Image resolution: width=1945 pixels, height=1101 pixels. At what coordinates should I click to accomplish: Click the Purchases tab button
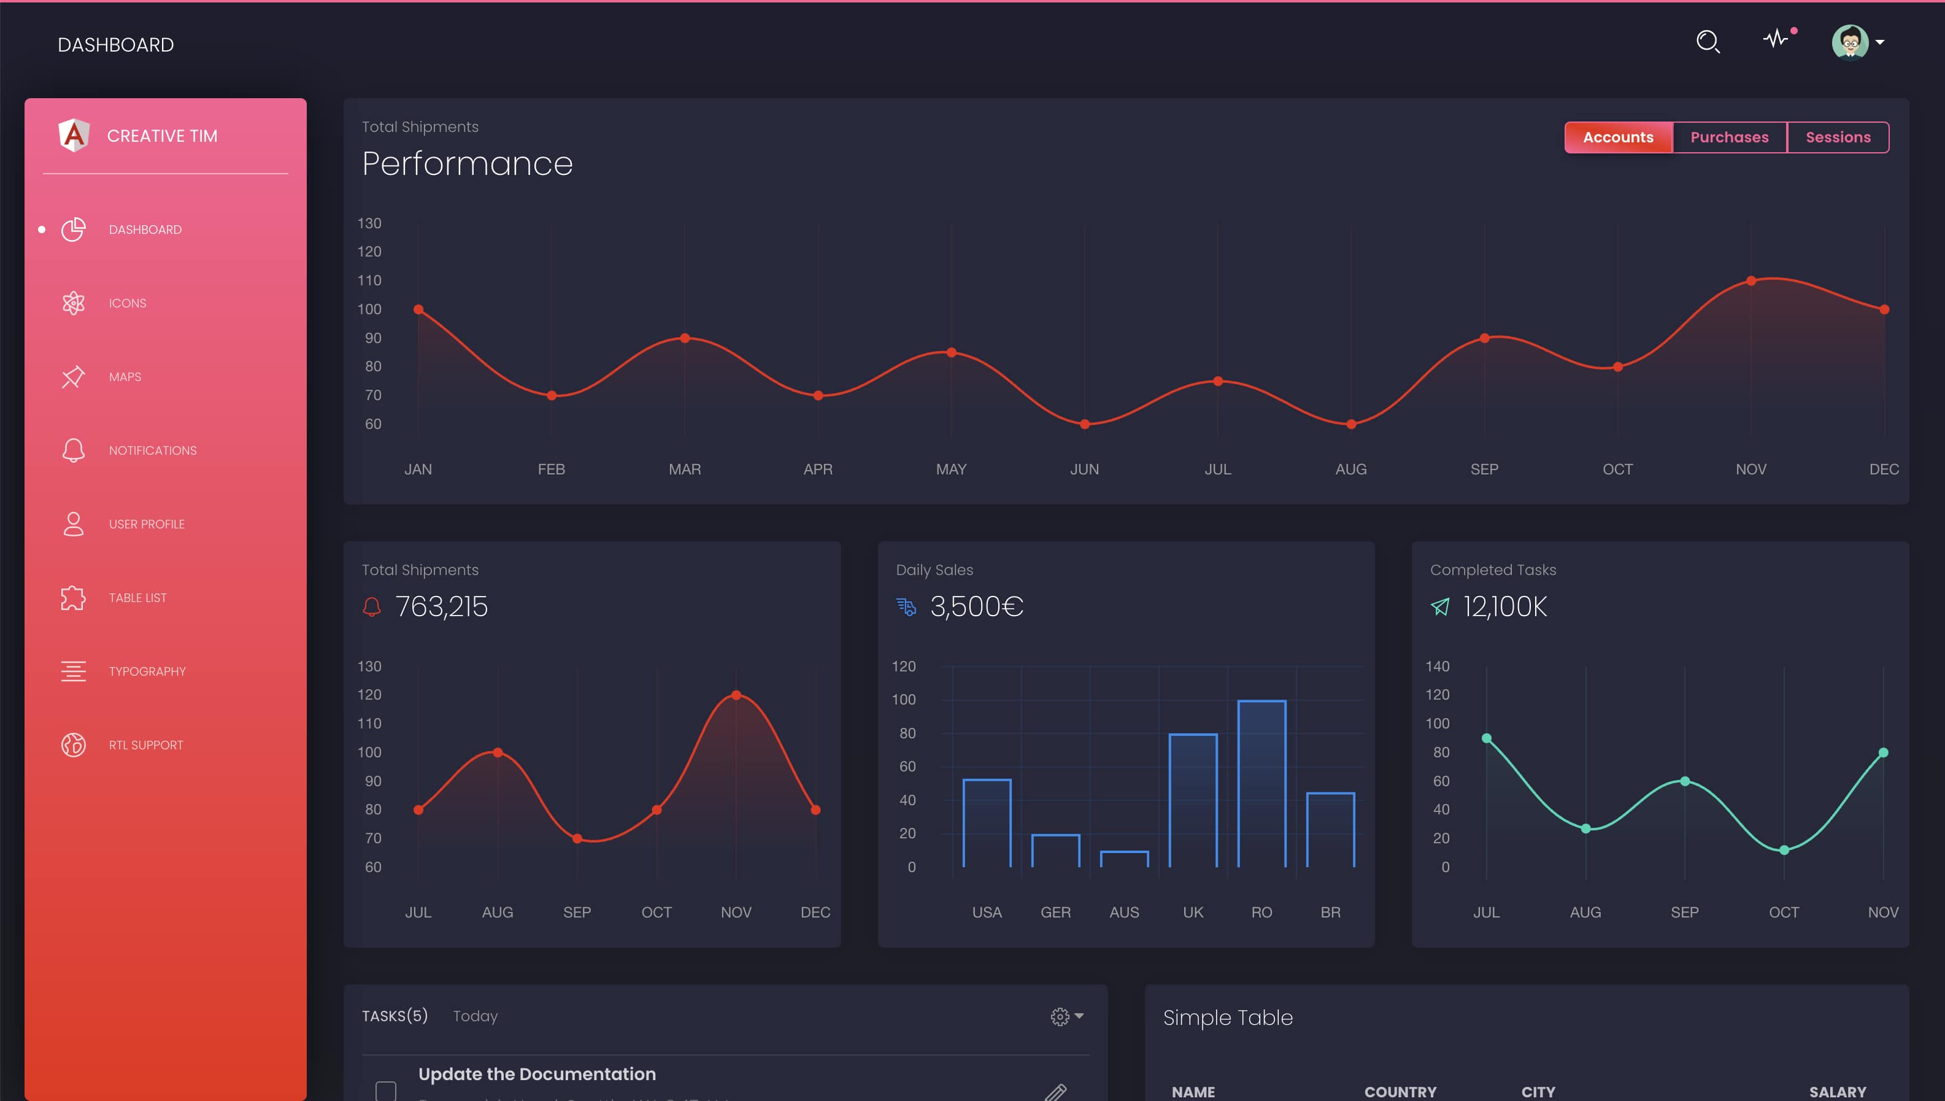pos(1729,137)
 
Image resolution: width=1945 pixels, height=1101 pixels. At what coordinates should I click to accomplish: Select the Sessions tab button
pos(1838,137)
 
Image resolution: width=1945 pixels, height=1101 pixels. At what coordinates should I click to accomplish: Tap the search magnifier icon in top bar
pos(1708,42)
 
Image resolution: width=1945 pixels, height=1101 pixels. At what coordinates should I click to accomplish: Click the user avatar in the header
pos(1850,42)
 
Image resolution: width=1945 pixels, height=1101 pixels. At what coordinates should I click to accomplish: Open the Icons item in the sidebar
pos(127,303)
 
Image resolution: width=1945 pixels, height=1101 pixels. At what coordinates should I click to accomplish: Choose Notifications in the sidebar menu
pos(152,450)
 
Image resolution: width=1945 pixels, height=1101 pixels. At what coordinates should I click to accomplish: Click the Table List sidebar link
pos(137,597)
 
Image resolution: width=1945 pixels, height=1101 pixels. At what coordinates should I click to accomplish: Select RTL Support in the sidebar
pos(145,745)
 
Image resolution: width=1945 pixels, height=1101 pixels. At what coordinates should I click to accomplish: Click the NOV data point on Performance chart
pos(1750,280)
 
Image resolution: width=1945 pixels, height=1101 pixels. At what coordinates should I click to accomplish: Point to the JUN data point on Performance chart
pos(1084,424)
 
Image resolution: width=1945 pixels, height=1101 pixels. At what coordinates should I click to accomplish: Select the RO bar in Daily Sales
pos(1261,782)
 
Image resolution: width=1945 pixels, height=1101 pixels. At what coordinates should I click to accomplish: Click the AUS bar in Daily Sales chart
pos(1124,859)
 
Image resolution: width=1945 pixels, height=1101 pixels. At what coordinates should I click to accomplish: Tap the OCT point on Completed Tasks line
pos(1783,850)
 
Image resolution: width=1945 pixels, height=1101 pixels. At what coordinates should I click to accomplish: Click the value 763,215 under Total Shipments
pos(442,606)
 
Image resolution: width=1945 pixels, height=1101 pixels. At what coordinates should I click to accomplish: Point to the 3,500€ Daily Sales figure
pos(976,606)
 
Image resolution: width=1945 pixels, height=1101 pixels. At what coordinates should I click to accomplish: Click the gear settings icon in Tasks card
pos(1060,1016)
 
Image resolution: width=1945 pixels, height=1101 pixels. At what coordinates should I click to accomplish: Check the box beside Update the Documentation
pos(385,1090)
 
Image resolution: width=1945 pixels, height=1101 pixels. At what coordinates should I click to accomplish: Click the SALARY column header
pos(1837,1091)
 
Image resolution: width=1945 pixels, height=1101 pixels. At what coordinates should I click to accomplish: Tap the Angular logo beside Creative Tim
pos(74,136)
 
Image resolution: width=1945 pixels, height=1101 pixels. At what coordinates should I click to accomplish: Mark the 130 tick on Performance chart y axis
pos(369,223)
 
